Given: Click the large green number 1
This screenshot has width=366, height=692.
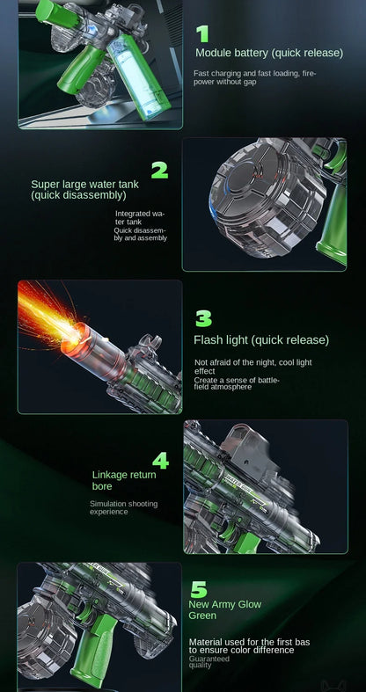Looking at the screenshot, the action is pos(202,33).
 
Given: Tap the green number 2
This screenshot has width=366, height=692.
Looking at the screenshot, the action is pos(159,170).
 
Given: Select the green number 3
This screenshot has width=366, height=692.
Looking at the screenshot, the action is pos(203,318).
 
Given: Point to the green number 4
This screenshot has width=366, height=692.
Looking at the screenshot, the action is pos(161,461).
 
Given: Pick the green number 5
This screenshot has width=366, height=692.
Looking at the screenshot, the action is pos(199,590).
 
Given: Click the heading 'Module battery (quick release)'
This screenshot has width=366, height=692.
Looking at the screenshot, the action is pos(269,53).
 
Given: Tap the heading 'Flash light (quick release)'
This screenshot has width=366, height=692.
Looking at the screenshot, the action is pos(261,340).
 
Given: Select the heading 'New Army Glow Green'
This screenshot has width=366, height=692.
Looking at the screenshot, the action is pos(224,610).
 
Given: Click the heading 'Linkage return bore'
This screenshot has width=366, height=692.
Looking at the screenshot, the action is pos(124,481).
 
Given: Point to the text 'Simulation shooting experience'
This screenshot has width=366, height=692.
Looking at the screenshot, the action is pos(124,507).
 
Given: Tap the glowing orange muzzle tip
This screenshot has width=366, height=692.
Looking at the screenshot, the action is pos(76,335).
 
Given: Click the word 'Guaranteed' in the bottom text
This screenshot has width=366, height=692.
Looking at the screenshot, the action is pos(209,659).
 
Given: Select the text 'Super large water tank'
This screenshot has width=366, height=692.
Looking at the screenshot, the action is pos(84,184).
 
